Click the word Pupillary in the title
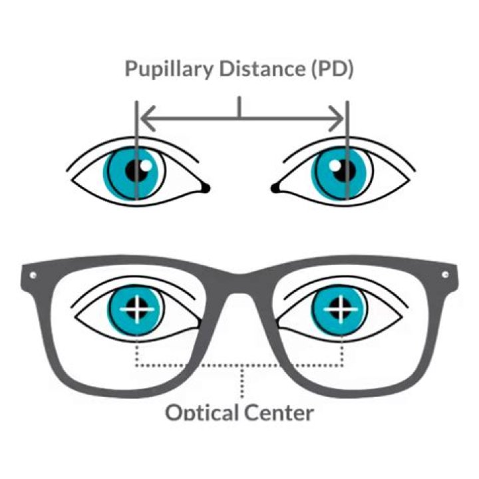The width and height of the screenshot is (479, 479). [x=169, y=69]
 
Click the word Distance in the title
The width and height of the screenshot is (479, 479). [x=263, y=69]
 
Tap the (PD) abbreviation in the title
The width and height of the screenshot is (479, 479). [x=333, y=69]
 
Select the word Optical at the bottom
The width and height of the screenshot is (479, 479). [x=202, y=412]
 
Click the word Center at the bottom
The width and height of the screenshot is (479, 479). [x=279, y=412]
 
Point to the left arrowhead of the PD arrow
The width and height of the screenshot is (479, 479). [x=148, y=118]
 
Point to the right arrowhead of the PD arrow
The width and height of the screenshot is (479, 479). [x=336, y=118]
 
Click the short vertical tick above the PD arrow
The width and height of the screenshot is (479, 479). [x=239, y=107]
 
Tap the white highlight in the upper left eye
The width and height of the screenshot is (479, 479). [x=146, y=166]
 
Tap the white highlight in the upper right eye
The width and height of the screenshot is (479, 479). [x=335, y=166]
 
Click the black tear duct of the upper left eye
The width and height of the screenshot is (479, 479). [x=206, y=188]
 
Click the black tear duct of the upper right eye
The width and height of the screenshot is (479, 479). [x=275, y=188]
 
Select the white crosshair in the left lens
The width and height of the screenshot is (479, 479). [x=137, y=309]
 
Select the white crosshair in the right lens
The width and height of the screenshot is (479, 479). [x=341, y=309]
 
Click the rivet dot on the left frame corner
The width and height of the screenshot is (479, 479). [x=33, y=275]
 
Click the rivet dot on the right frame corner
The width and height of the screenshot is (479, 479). [x=445, y=274]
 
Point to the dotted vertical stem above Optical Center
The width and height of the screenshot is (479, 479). [x=242, y=382]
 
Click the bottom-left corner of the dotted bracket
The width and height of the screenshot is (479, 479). [x=137, y=365]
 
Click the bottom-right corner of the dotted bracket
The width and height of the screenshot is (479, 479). [x=342, y=365]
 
